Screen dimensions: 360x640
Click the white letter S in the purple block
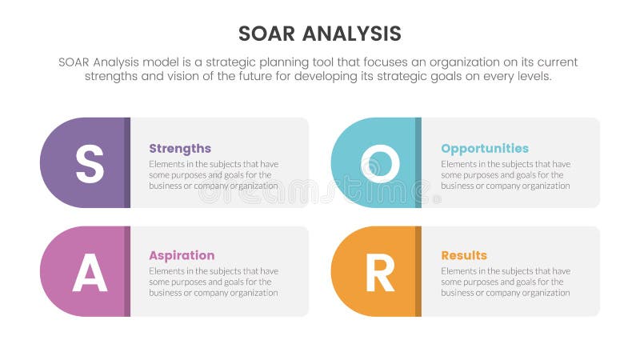tap(90, 163)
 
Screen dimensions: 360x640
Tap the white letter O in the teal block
tap(380, 163)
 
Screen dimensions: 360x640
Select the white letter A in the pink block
tap(90, 272)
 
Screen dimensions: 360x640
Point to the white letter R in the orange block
tap(380, 272)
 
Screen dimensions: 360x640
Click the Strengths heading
tap(180, 149)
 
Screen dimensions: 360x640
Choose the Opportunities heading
tap(485, 149)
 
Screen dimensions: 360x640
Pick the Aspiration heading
tap(182, 256)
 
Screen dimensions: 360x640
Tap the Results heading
tap(464, 256)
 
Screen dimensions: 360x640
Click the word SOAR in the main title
tap(270, 34)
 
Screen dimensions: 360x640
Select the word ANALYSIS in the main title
tap(354, 34)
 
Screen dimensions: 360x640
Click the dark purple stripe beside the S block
tap(127, 163)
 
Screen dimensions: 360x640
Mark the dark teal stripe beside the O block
tap(418, 163)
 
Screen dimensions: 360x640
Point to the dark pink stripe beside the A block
tap(127, 272)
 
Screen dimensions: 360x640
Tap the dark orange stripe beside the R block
tap(418, 272)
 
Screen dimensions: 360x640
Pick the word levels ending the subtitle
tap(532, 77)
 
